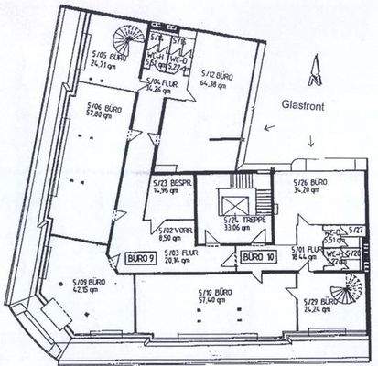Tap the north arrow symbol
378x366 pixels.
[314, 70]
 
